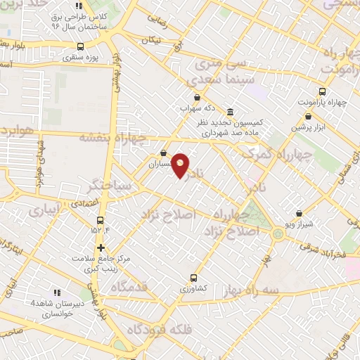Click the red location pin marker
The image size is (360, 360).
[181, 165]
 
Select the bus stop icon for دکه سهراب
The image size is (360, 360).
[196, 98]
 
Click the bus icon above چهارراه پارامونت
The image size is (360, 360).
[323, 91]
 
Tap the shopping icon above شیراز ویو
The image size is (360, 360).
[300, 213]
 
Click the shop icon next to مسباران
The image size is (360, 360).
[163, 153]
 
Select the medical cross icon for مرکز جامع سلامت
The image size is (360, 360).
[101, 247]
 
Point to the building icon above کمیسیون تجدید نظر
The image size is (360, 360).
[231, 111]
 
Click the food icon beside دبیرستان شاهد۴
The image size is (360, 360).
[57, 292]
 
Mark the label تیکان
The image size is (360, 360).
[151, 40]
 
